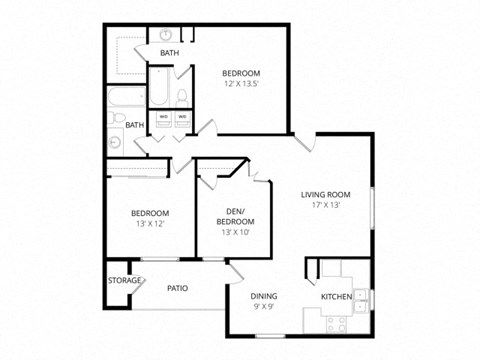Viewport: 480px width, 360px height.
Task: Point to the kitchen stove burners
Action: [337, 322]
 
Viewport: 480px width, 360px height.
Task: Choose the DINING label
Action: [264, 296]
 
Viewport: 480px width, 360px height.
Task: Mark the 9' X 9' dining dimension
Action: [264, 308]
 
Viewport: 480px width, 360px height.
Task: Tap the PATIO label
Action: [177, 288]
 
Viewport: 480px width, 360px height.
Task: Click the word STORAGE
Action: [124, 280]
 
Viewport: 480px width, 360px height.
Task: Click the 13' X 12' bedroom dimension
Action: [149, 224]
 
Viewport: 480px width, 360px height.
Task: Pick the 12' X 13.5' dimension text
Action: [241, 84]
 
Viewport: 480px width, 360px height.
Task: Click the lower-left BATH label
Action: [134, 125]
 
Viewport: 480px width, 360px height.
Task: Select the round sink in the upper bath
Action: [165, 34]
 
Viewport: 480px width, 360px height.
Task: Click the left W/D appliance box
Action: [163, 117]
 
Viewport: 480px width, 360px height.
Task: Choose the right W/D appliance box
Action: [182, 117]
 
